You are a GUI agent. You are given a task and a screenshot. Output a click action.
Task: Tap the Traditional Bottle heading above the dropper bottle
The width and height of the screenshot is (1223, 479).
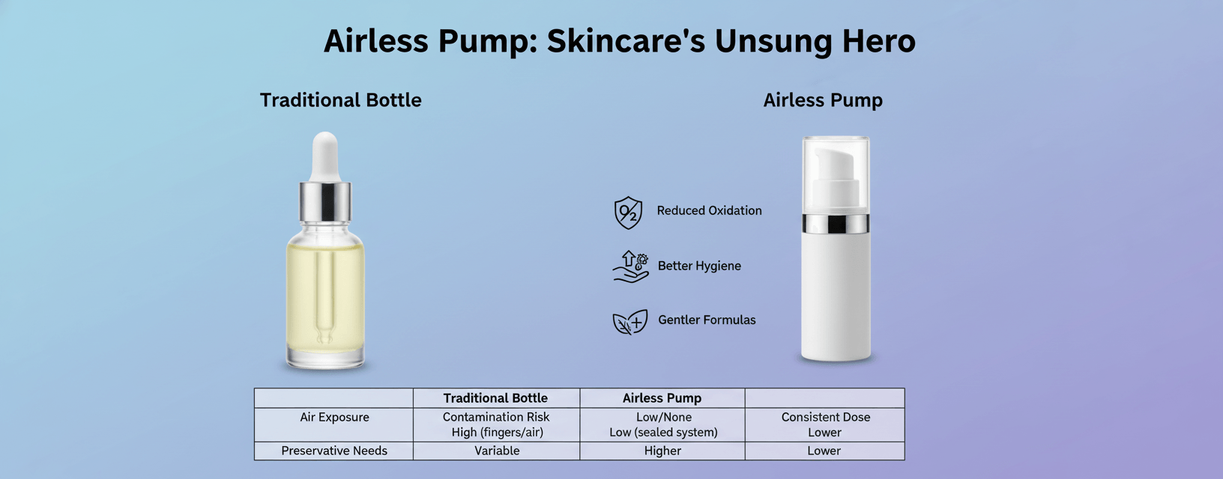341,100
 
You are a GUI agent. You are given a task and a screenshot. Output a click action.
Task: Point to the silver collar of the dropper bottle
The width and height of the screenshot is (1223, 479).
325,202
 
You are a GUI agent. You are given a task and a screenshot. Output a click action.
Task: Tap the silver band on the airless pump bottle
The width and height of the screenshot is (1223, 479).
836,224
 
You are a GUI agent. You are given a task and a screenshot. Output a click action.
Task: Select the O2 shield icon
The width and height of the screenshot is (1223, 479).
629,213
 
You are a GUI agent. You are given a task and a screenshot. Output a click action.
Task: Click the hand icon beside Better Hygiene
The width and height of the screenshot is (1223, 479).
631,266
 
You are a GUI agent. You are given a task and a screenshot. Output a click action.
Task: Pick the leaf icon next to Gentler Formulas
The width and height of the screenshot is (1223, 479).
630,322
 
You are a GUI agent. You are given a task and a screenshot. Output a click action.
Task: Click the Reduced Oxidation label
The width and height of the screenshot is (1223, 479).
709,210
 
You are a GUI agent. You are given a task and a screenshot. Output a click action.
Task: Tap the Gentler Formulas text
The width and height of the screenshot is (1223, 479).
707,320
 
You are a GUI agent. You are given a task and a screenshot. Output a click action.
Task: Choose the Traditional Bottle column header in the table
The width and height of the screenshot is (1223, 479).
495,398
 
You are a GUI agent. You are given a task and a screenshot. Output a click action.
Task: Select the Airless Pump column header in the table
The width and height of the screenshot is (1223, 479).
662,398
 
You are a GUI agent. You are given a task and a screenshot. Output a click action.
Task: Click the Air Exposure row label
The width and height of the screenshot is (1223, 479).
334,418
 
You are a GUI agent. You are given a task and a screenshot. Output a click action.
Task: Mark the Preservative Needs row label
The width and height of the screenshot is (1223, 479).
334,451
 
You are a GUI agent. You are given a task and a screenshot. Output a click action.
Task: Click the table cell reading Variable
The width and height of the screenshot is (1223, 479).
497,451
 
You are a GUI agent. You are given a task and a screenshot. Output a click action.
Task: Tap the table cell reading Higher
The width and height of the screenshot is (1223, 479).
662,451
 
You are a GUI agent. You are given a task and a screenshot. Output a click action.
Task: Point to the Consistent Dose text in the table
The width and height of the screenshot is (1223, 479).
826,418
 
